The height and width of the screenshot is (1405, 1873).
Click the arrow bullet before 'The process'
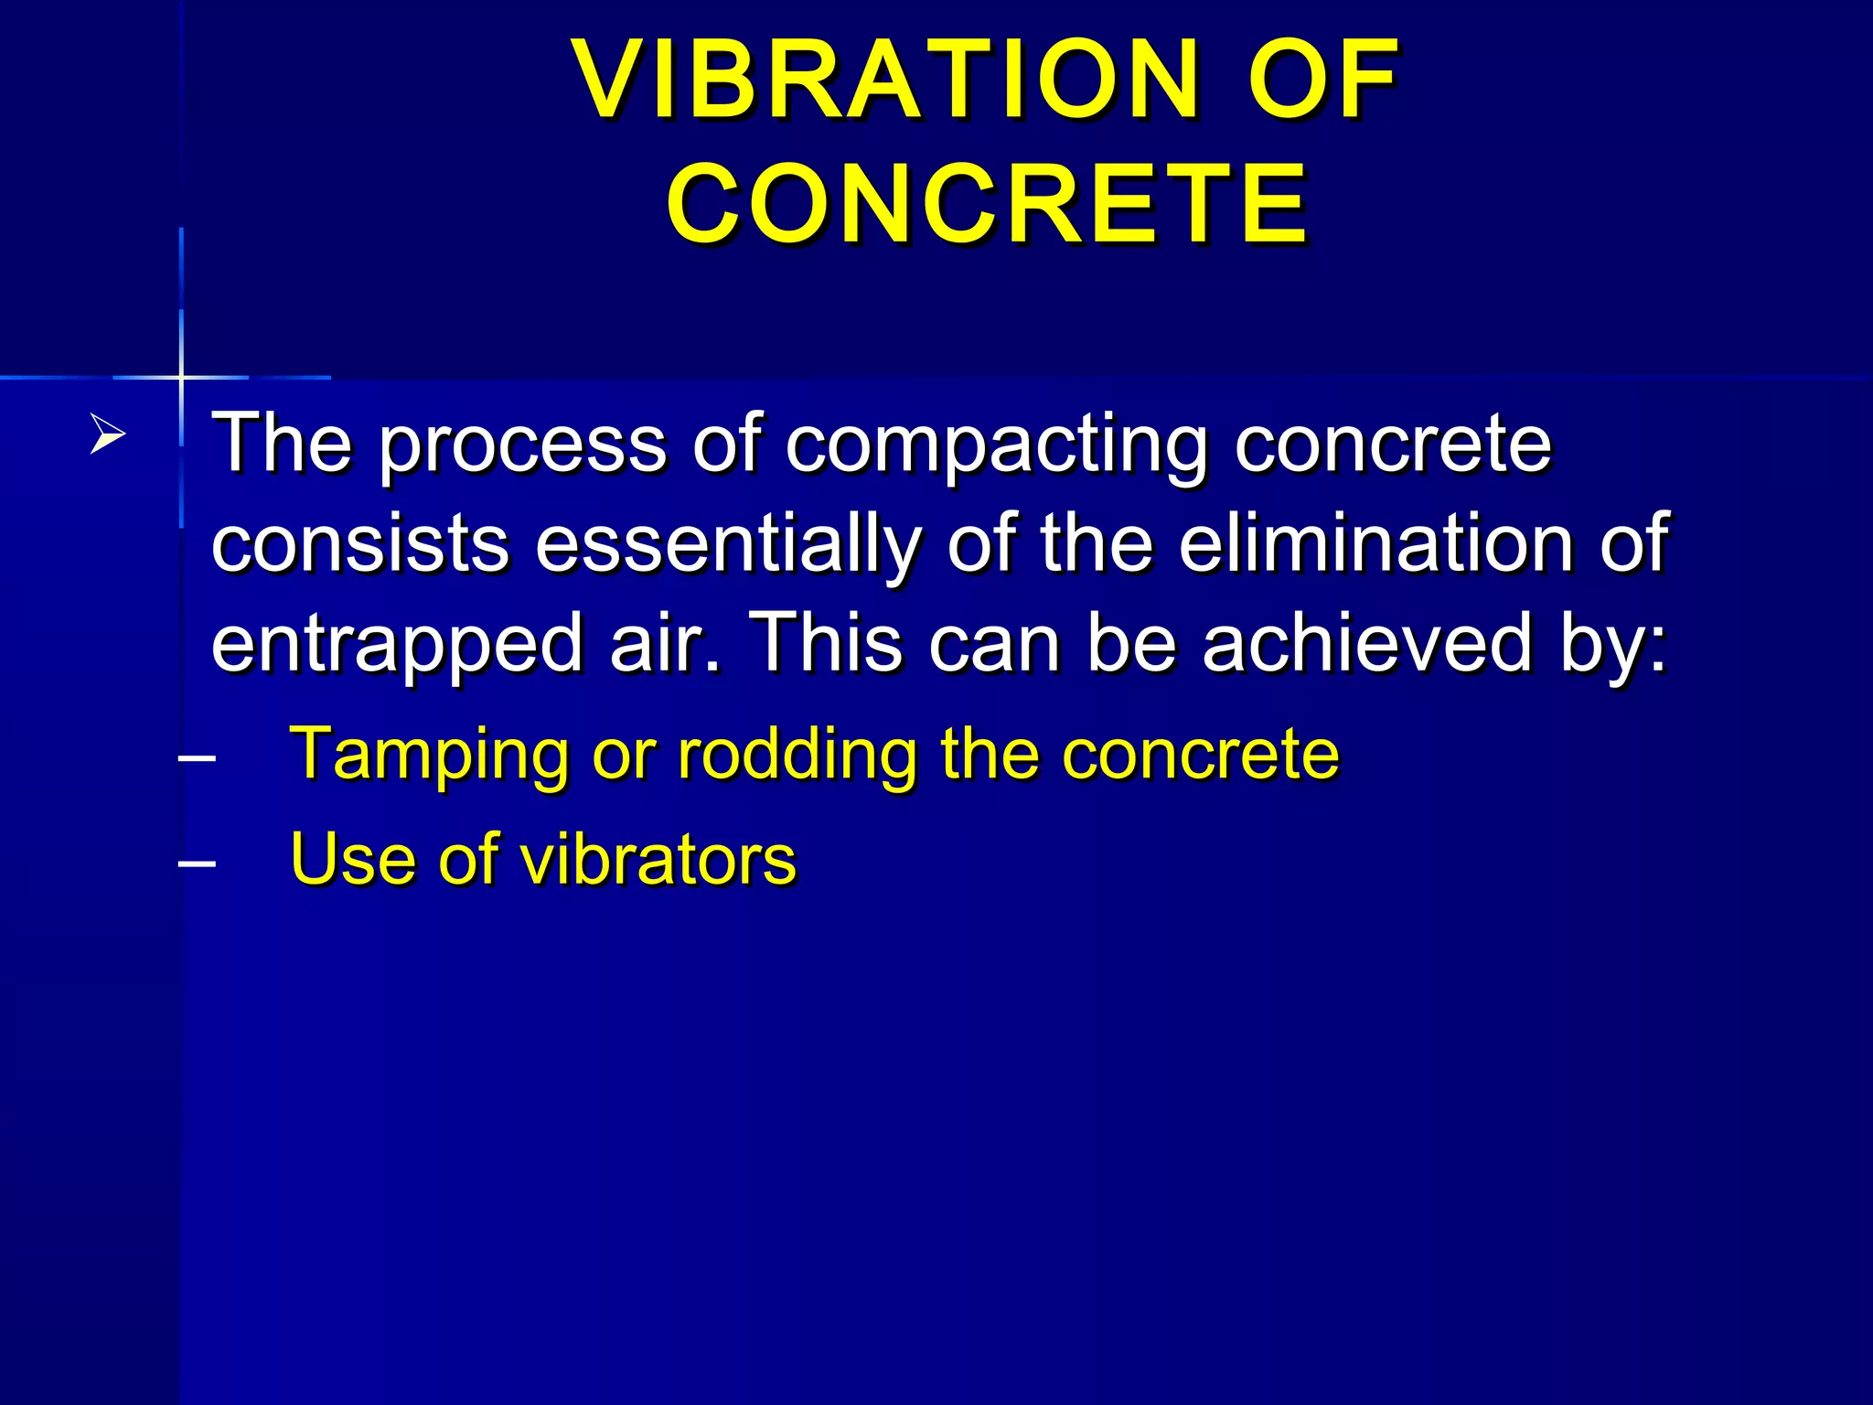(108, 434)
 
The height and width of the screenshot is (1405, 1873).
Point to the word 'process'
(522, 445)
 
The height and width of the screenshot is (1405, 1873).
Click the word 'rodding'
(797, 756)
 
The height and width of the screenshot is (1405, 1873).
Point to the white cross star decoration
(182, 377)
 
